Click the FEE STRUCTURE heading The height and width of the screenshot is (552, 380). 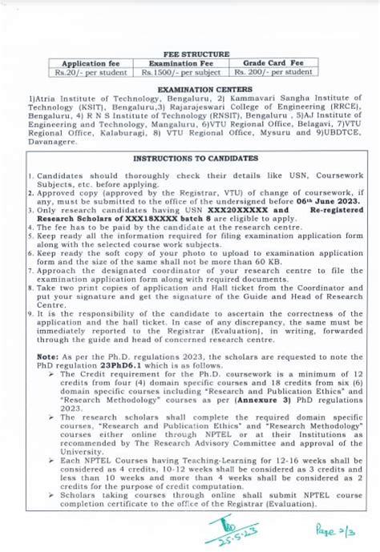[189, 54]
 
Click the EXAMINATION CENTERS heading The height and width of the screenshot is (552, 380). [189, 91]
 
